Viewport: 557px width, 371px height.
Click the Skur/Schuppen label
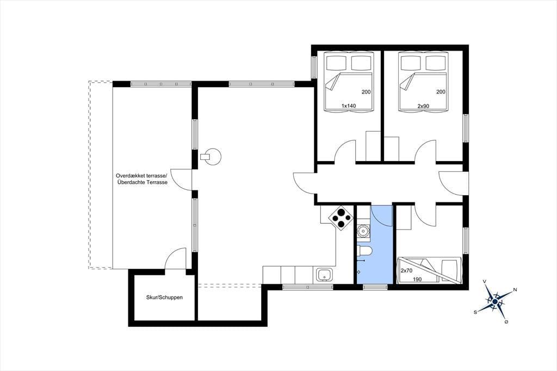tap(164, 297)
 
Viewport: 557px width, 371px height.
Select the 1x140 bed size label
tap(349, 106)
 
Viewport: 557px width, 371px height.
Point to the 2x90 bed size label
tap(423, 106)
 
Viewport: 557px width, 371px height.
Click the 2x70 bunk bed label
tap(406, 270)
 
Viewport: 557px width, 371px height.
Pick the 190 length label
tap(417, 279)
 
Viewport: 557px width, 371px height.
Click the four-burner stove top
tap(341, 218)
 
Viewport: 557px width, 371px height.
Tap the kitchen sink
tap(325, 275)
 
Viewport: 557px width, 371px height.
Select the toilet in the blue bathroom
tap(364, 251)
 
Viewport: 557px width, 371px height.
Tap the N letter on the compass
tap(515, 289)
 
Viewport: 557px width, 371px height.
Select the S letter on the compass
tap(475, 312)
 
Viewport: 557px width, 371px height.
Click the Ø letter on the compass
tap(506, 321)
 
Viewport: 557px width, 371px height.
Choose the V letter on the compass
tap(485, 281)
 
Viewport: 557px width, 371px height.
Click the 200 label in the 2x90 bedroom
tap(441, 92)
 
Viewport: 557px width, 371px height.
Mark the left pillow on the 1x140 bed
tap(336, 63)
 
